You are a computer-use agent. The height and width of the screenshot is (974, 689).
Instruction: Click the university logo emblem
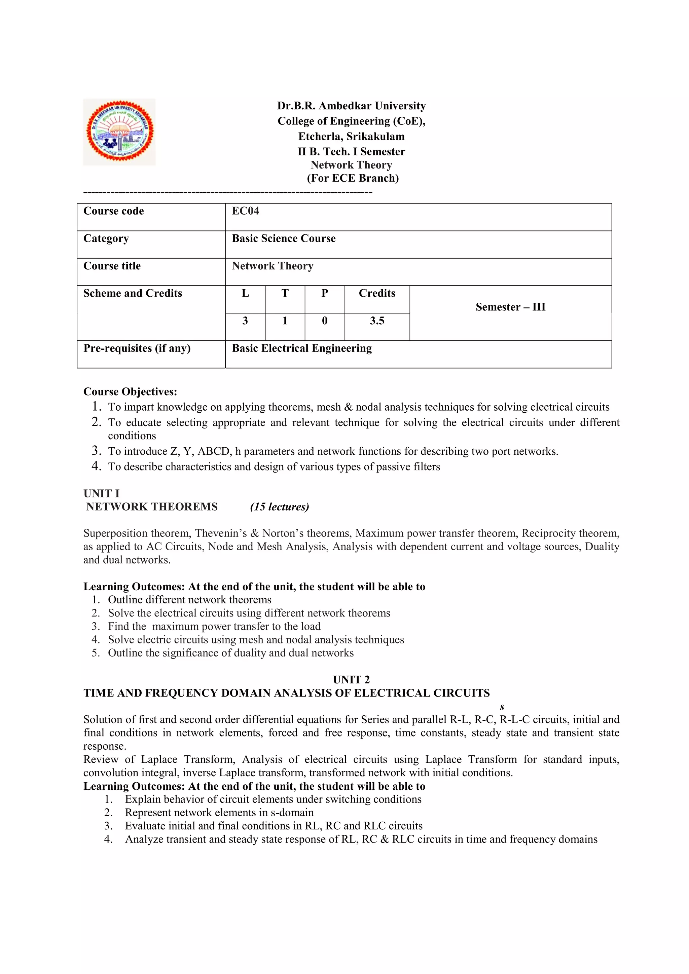(x=119, y=132)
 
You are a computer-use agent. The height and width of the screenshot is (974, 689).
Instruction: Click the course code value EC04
(x=245, y=211)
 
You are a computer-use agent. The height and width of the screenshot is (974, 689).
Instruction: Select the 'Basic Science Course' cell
(x=283, y=238)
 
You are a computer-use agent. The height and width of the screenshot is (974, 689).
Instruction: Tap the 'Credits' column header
(x=377, y=293)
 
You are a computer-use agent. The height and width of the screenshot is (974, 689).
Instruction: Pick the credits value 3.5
(x=377, y=321)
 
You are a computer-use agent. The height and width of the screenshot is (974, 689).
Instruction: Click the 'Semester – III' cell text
(x=510, y=307)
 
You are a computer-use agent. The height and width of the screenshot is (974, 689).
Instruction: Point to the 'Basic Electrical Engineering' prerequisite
(x=302, y=348)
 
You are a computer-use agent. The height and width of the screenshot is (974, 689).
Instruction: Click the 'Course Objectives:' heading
(x=130, y=391)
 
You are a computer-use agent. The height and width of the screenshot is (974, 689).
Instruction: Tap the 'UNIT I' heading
(x=101, y=493)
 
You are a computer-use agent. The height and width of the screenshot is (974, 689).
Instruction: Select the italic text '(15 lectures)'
(x=280, y=507)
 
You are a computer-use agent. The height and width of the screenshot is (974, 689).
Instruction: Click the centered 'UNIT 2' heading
(x=351, y=680)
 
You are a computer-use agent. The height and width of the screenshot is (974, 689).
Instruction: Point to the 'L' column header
(x=245, y=293)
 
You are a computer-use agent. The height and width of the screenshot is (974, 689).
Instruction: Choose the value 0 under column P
(x=325, y=321)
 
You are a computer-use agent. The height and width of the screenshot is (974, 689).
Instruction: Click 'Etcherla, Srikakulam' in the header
(x=351, y=136)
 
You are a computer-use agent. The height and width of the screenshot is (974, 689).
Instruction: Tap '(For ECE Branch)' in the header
(x=353, y=178)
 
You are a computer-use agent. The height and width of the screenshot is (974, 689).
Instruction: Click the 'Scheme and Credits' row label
(x=132, y=293)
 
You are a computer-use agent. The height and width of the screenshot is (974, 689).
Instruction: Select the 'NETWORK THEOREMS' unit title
(x=152, y=507)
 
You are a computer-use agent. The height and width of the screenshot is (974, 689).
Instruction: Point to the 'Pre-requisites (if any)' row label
(x=137, y=348)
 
